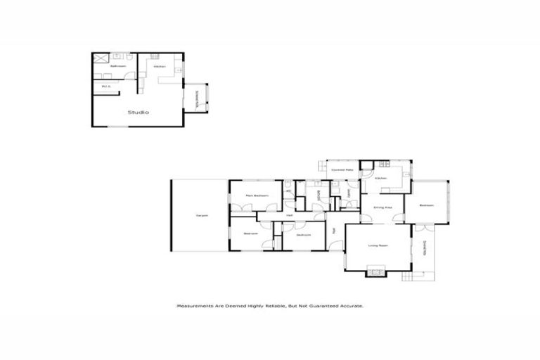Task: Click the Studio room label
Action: (137, 112)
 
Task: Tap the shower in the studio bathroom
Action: (101, 59)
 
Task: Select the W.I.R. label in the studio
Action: (107, 86)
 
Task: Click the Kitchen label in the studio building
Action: (160, 67)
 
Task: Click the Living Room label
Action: (378, 245)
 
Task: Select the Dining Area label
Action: (382, 207)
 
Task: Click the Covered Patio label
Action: (342, 170)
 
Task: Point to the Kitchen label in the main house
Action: (381, 179)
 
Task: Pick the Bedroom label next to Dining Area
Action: (426, 205)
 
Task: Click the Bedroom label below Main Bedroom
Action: (250, 233)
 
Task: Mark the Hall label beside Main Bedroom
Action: (289, 215)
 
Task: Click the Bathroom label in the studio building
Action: (117, 67)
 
